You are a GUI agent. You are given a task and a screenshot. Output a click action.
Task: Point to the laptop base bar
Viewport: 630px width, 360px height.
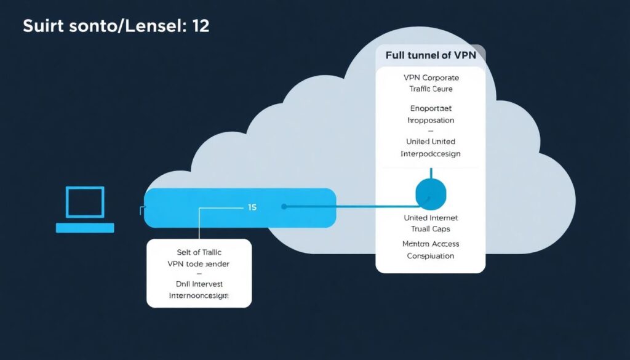(85, 228)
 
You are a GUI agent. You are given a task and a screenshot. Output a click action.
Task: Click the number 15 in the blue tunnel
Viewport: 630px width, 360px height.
(252, 207)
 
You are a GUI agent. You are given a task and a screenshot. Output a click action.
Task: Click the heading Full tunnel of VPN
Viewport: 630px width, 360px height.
(430, 55)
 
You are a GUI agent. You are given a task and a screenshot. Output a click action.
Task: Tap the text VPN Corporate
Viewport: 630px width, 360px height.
(431, 78)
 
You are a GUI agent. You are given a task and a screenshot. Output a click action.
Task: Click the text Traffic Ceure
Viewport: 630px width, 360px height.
(431, 89)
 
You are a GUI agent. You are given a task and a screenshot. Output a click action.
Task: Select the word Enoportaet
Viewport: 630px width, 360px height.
(431, 109)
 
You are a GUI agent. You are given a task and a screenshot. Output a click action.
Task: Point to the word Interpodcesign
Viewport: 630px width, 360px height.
(431, 153)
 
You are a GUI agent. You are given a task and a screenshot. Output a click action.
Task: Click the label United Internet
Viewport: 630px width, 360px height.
(431, 218)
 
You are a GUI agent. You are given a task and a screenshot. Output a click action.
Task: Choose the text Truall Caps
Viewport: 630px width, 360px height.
(431, 229)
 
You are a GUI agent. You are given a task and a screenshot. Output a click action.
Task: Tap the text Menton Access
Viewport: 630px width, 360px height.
(431, 244)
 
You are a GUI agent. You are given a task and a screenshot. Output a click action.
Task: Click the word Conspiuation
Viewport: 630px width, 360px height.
(431, 255)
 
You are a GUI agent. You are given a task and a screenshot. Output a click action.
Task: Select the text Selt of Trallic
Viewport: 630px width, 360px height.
(199, 252)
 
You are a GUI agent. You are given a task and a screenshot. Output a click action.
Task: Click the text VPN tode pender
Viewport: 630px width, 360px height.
(199, 263)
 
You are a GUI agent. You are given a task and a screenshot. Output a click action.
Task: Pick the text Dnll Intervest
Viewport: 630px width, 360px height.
(199, 284)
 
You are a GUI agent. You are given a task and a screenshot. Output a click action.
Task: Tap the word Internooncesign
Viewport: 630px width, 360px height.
(199, 295)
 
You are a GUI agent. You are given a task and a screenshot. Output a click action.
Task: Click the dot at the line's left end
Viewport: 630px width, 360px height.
(284, 207)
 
